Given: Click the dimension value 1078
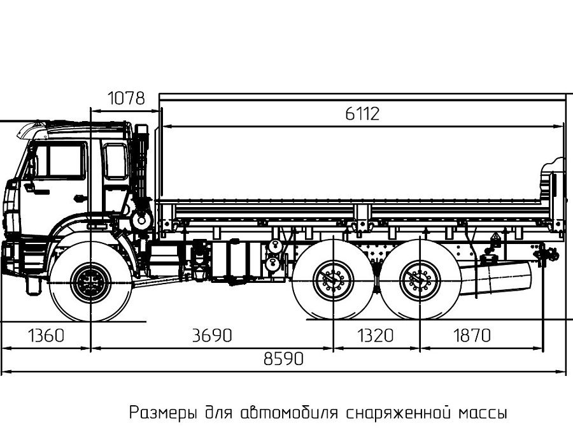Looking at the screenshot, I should pyautogui.click(x=126, y=99).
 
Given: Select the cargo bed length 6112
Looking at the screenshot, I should pyautogui.click(x=362, y=114).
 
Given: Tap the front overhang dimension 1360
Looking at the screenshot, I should pyautogui.click(x=46, y=336).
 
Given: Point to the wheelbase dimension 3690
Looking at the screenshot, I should pyautogui.click(x=212, y=336).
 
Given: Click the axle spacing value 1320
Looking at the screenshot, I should pyautogui.click(x=375, y=336).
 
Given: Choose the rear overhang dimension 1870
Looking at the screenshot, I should pyautogui.click(x=472, y=336).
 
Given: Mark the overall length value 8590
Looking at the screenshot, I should pyautogui.click(x=284, y=359).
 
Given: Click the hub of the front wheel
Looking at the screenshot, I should pyautogui.click(x=90, y=282).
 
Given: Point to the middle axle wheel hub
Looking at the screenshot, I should pyautogui.click(x=333, y=280).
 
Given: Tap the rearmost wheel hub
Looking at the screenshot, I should pyautogui.click(x=420, y=280).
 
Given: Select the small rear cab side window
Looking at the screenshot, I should pyautogui.click(x=115, y=161).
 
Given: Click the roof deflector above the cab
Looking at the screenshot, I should pyautogui.click(x=32, y=131).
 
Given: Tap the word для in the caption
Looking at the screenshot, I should pyautogui.click(x=219, y=413).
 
